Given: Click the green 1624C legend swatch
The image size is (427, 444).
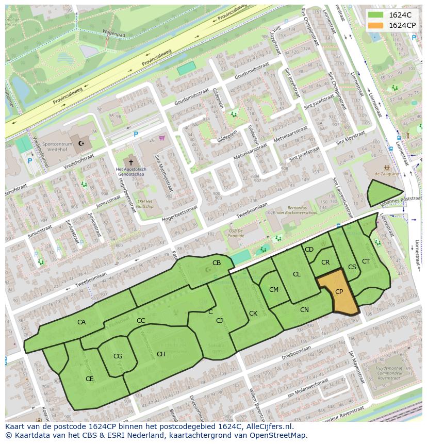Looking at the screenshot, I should (376, 14).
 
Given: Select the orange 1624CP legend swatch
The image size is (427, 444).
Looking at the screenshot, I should (376, 25).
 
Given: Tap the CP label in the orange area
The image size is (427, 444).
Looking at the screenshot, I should (339, 292).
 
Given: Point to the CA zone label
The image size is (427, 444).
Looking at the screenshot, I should (81, 322).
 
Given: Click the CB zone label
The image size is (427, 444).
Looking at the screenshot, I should (217, 263).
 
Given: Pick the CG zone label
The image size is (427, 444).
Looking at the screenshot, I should (118, 356).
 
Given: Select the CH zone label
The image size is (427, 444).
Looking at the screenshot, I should (161, 354).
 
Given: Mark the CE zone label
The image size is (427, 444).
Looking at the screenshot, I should (90, 379).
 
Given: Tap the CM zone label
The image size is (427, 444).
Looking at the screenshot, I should (274, 290).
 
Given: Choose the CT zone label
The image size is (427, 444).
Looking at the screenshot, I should (366, 261).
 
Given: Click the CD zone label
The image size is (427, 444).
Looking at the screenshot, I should (309, 250).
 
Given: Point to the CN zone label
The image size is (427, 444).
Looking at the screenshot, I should (304, 310).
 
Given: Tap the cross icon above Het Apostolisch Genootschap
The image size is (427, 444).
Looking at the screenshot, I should (130, 162).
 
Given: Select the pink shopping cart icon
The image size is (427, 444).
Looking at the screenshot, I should (162, 138).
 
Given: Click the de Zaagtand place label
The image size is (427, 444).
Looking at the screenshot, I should (387, 174).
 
